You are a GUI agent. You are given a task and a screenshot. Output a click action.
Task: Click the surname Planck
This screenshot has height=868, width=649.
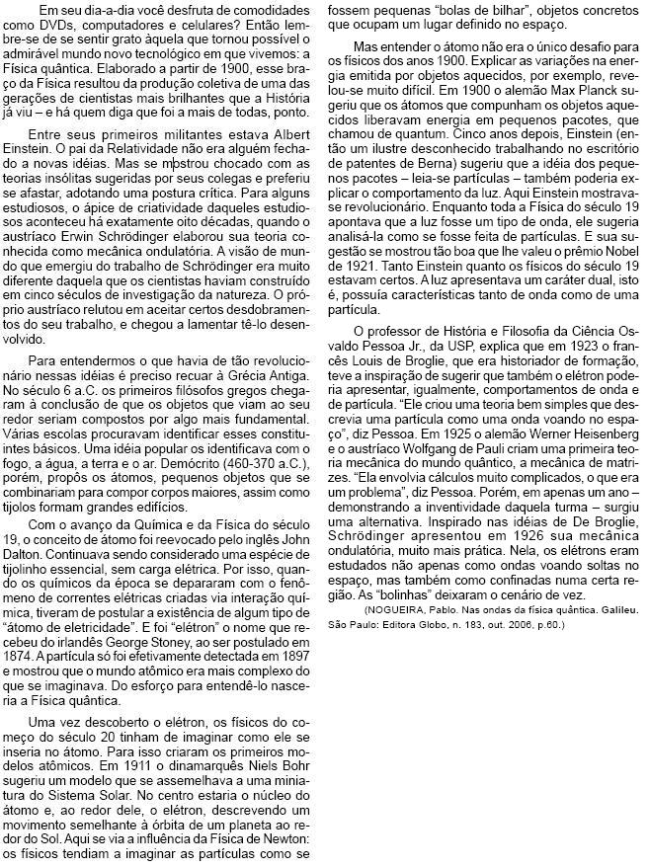pos(576,118)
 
